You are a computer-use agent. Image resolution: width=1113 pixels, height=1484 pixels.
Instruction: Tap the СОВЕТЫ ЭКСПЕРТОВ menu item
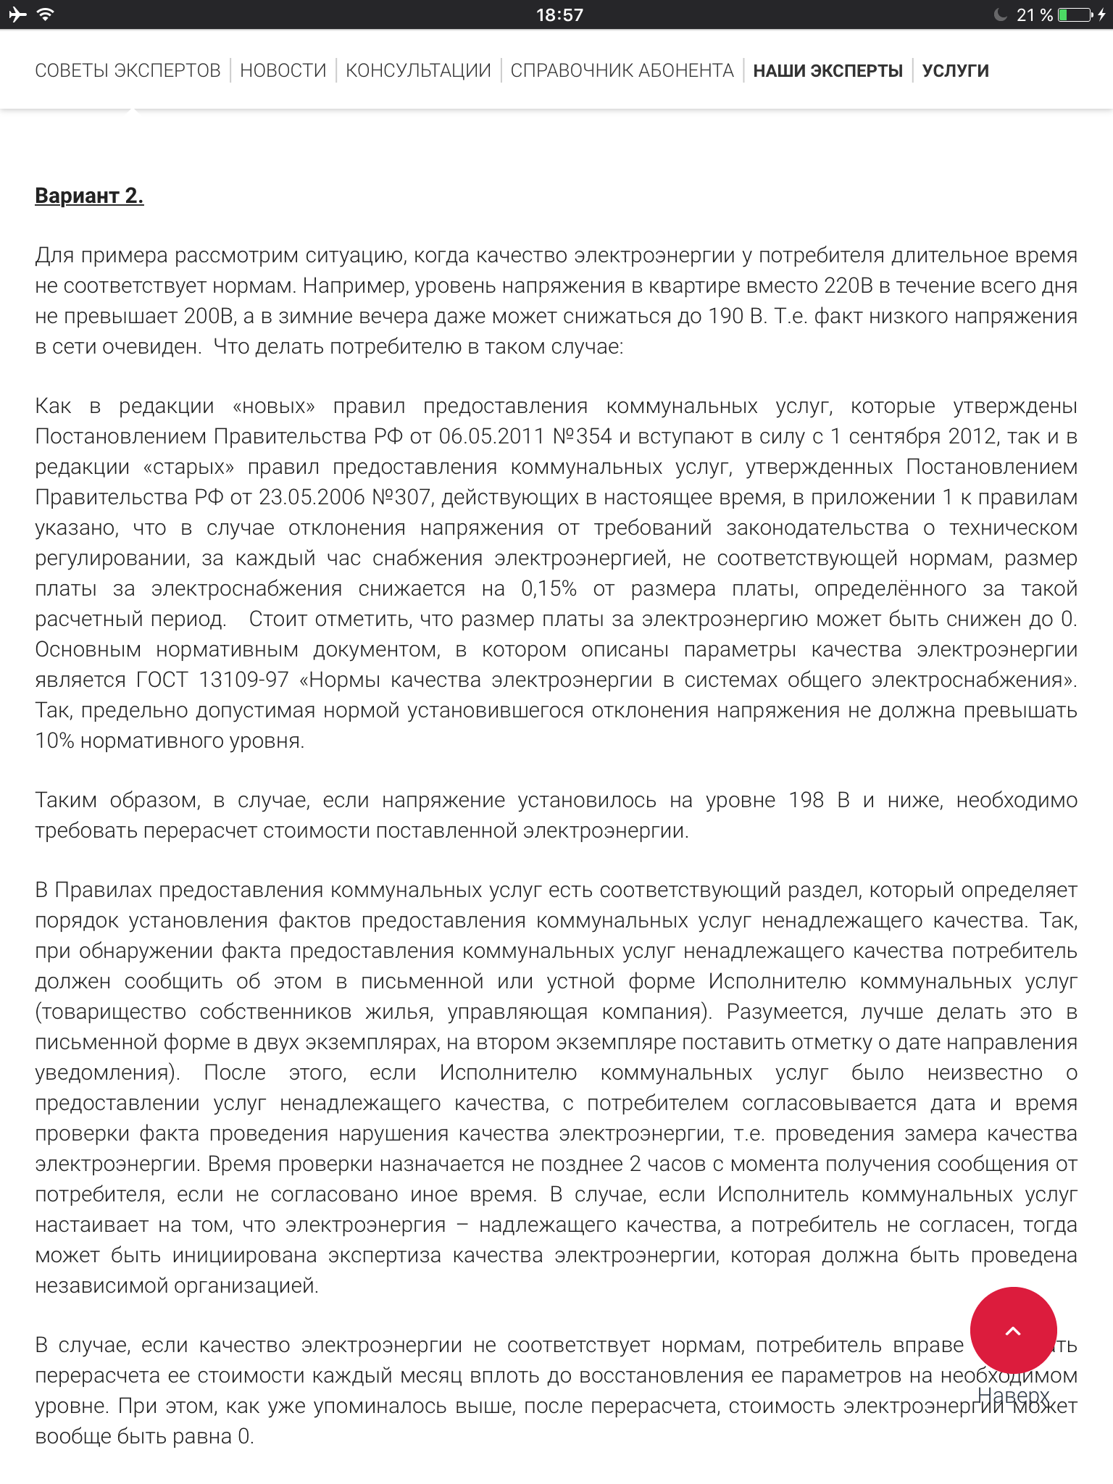point(128,70)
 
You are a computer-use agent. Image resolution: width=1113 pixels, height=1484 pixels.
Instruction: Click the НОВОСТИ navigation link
point(283,70)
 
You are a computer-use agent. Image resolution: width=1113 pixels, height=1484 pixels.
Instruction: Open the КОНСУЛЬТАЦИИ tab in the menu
point(418,70)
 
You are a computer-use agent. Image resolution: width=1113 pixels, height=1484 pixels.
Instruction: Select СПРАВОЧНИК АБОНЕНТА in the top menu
point(622,70)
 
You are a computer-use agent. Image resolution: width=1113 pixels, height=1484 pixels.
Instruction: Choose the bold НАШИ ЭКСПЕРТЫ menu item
point(828,70)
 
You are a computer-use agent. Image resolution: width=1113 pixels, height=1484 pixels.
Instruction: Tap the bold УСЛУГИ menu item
point(955,70)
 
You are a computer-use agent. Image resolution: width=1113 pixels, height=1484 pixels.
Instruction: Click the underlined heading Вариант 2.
point(89,196)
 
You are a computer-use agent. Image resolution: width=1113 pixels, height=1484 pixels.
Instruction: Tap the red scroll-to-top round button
point(1013,1330)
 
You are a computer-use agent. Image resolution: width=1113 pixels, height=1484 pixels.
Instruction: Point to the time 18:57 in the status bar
point(559,14)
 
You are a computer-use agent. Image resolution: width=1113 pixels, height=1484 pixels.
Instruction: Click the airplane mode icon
point(17,14)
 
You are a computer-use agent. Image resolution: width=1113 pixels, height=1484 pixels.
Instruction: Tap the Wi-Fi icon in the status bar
point(46,14)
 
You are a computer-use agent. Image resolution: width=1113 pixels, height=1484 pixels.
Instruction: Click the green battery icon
point(1075,14)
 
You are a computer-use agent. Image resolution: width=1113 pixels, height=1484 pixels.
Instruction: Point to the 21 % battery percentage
point(1034,14)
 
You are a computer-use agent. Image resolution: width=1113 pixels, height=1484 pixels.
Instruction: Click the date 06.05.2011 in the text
point(491,436)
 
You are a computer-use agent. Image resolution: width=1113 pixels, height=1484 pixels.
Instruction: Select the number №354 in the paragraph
point(582,436)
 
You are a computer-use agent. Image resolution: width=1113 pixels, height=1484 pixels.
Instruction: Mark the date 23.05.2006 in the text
point(312,497)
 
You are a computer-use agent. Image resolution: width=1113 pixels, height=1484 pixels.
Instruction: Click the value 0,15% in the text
point(549,588)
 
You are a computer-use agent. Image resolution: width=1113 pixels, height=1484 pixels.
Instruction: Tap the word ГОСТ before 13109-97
point(162,680)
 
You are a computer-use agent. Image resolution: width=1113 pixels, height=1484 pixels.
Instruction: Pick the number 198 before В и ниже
point(806,800)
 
